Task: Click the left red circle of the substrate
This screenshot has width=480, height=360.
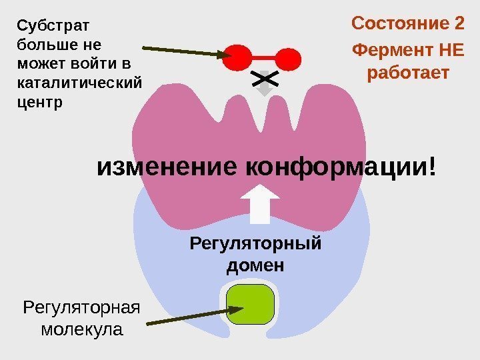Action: point(237,58)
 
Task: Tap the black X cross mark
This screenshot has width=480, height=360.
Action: point(265,80)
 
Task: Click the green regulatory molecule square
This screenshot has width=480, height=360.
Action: point(251,304)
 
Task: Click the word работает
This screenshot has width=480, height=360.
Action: point(408,72)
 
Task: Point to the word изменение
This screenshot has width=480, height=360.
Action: point(168,167)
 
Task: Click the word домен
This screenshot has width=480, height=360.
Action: point(255,265)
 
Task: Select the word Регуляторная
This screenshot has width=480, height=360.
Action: point(81,308)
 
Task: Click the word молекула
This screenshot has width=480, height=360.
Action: point(81,329)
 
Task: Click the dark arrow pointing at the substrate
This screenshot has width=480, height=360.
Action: point(183,51)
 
